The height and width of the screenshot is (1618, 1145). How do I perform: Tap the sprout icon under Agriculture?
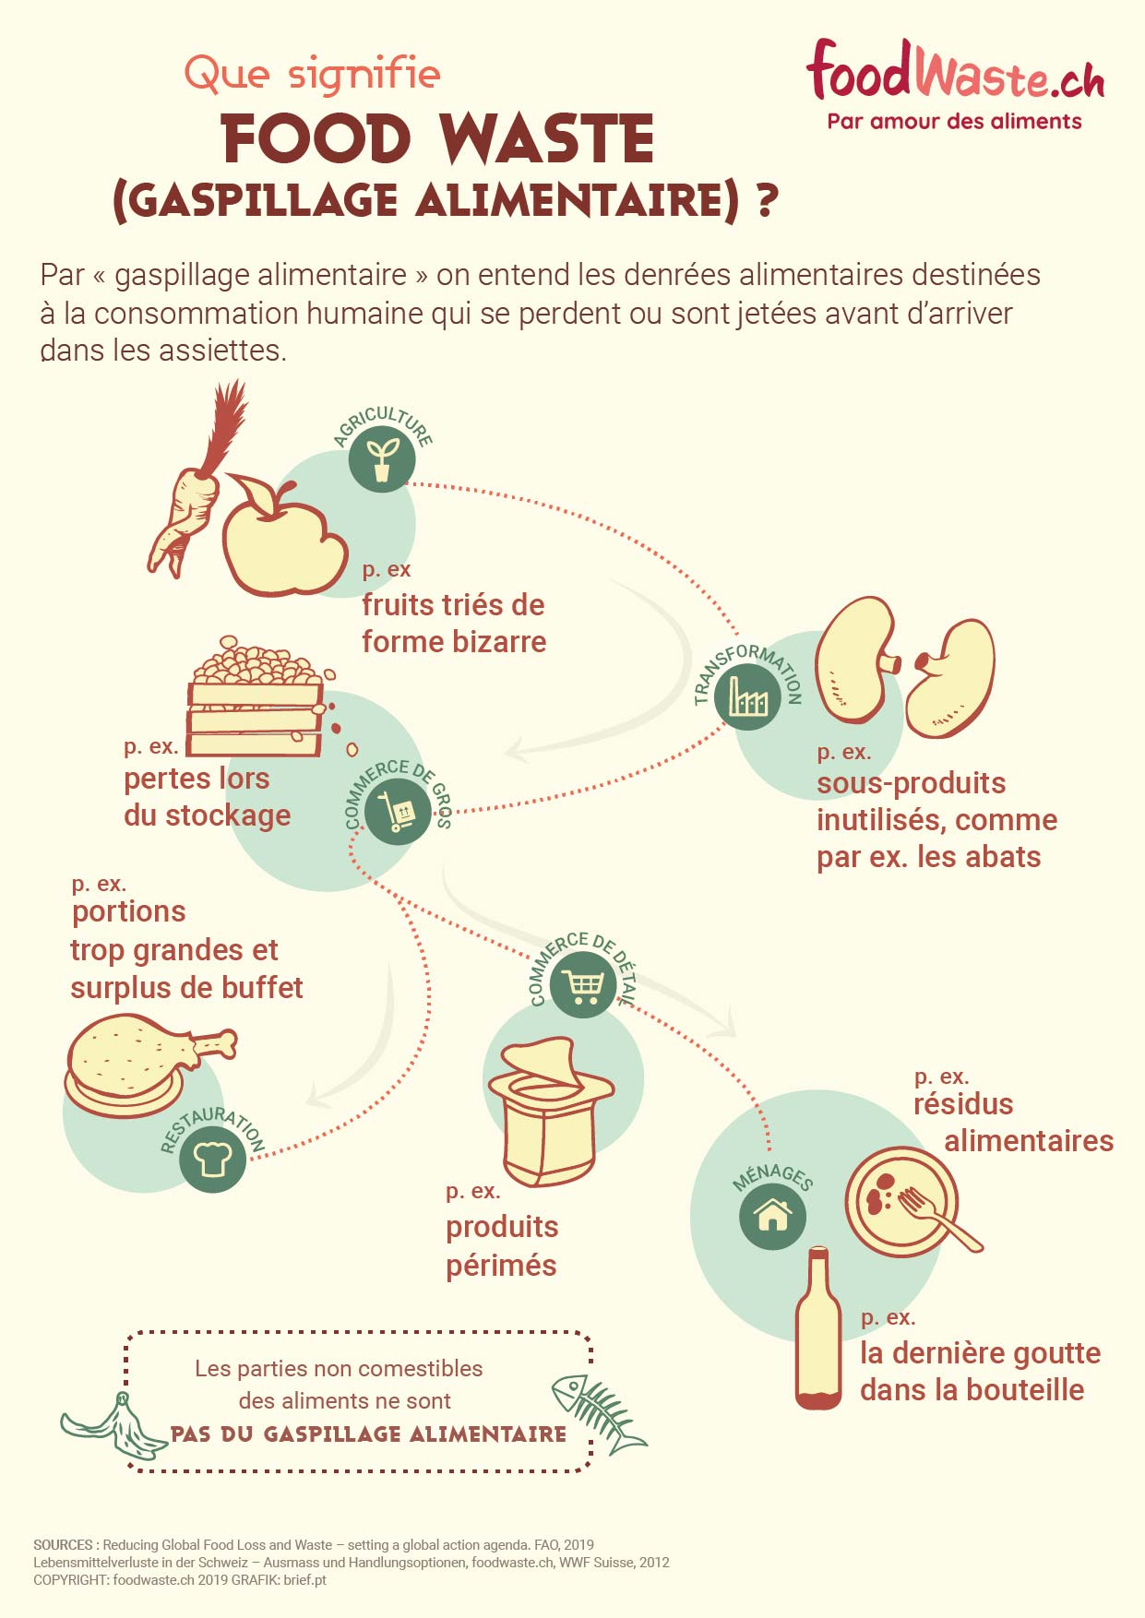382,458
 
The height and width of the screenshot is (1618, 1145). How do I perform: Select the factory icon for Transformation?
747,696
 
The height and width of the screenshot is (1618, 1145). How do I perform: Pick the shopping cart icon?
583,984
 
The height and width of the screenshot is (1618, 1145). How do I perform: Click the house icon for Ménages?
772,1216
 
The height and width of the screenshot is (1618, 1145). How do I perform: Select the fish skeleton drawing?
598,1411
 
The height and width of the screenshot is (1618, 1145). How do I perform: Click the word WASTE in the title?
548,140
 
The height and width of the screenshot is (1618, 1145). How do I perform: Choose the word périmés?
501,1265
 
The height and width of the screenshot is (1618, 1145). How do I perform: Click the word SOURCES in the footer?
63,1544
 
